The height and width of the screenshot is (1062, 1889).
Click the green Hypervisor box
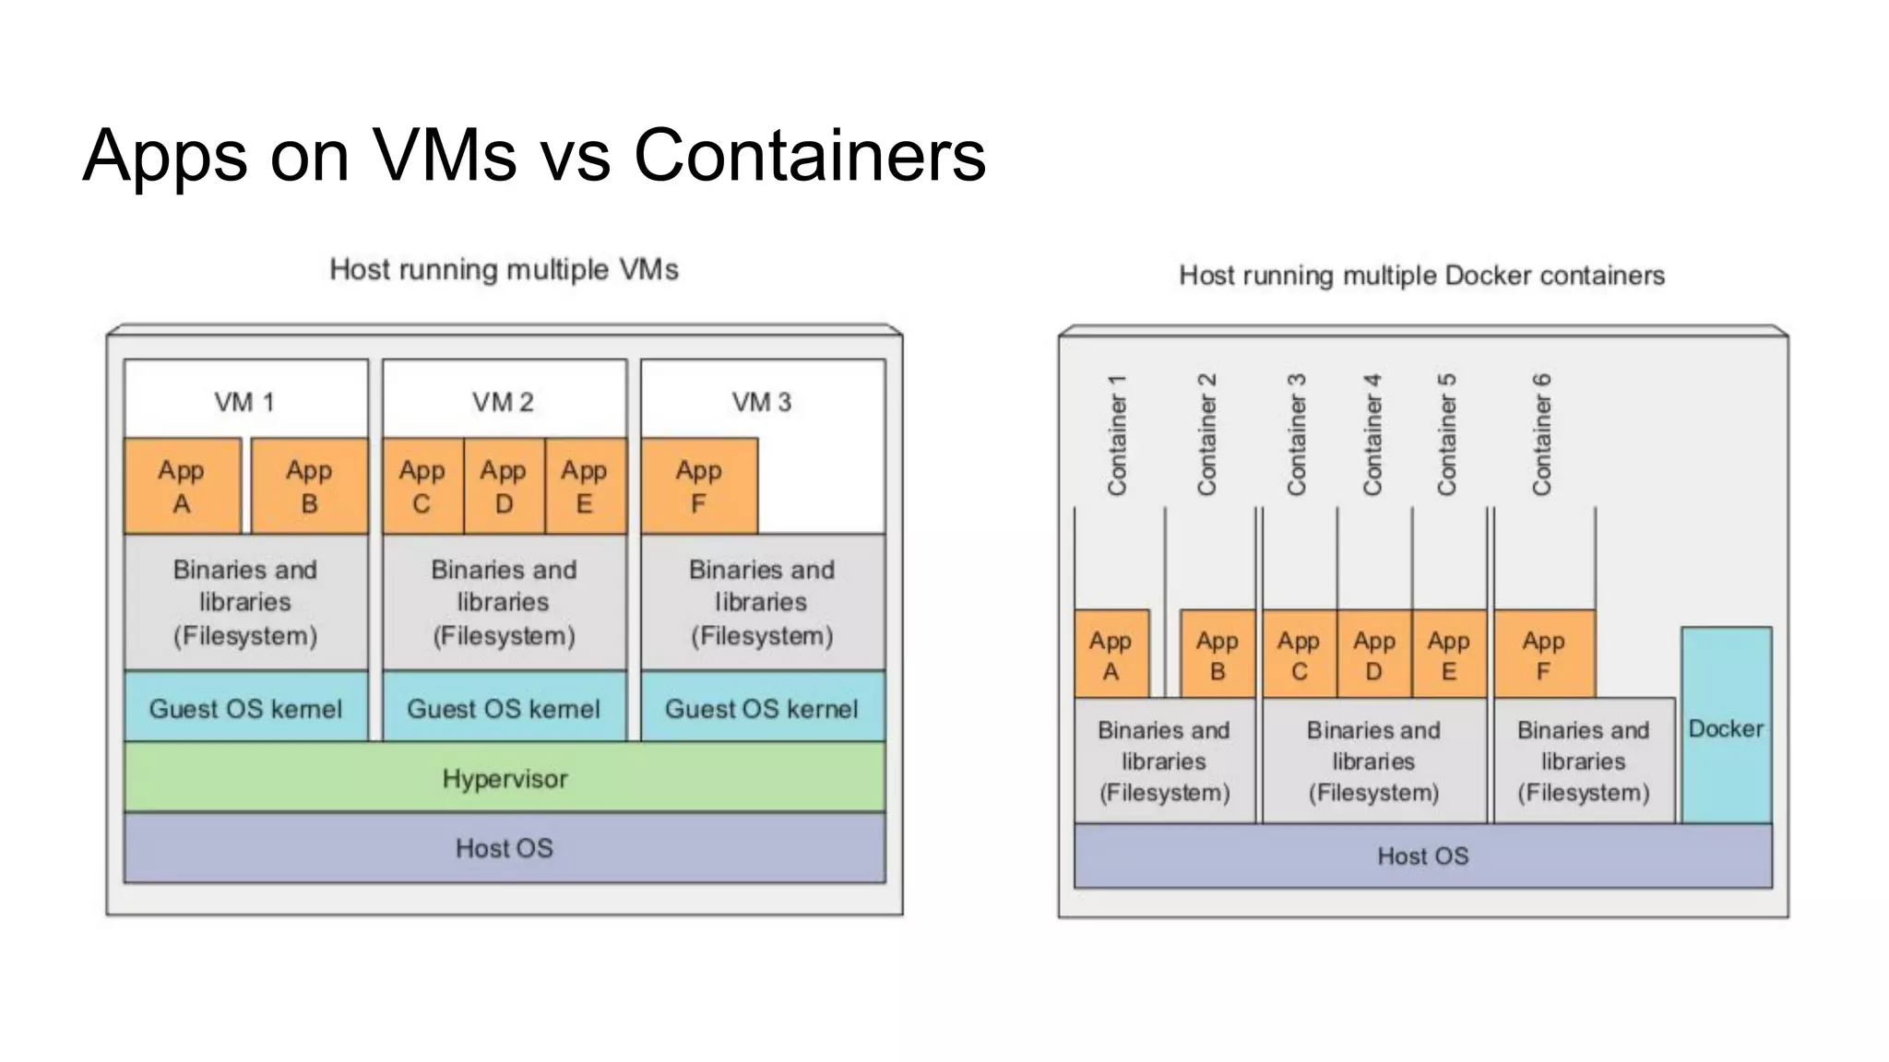[505, 778]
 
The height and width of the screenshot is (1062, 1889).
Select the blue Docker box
[1726, 727]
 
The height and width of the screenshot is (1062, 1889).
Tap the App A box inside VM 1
[182, 487]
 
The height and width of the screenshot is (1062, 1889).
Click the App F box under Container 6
[1543, 655]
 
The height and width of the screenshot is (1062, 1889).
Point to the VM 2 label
[503, 402]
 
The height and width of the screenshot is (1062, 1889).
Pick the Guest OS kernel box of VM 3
[762, 708]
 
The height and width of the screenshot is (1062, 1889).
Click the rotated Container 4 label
[1372, 434]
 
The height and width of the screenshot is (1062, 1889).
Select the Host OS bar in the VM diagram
[505, 848]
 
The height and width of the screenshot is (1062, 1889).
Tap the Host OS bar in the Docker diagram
[1422, 855]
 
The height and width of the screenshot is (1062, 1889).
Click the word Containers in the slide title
[810, 155]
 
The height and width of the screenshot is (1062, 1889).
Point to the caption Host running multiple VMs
[504, 269]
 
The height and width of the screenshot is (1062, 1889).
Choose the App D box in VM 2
[504, 487]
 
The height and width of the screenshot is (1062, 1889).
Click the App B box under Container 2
[1217, 655]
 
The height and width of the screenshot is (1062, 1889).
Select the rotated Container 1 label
[1117, 434]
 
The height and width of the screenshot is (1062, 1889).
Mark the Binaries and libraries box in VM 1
[245, 602]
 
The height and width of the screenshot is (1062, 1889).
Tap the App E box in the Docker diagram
[1448, 655]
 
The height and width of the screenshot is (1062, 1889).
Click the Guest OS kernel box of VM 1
[245, 708]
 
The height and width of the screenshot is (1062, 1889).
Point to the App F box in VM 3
[699, 487]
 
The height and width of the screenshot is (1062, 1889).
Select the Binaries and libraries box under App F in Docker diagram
[1583, 761]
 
